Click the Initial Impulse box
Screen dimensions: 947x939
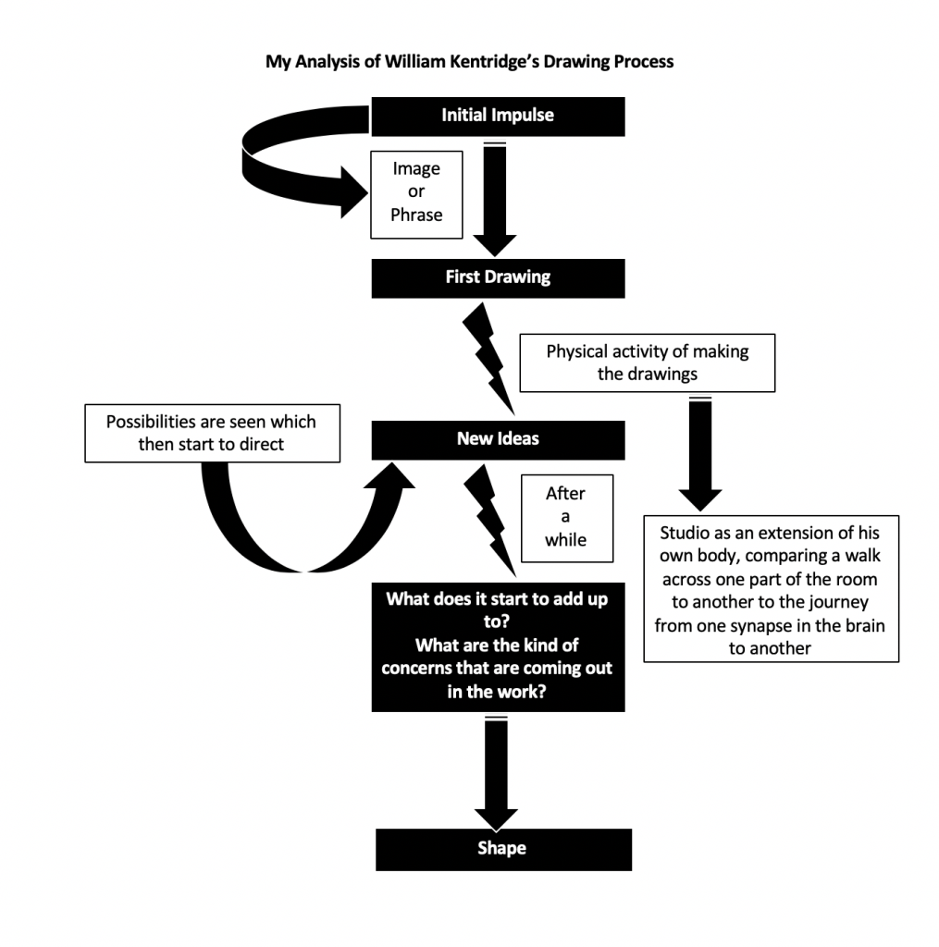point(498,116)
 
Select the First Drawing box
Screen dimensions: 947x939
point(498,277)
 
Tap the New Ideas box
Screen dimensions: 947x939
point(498,438)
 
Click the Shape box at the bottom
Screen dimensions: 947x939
point(502,849)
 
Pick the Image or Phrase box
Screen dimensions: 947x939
point(416,192)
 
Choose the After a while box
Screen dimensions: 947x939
point(566,516)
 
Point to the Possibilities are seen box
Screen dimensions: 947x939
point(211,433)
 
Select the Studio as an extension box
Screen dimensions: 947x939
point(770,590)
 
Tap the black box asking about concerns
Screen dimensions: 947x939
point(498,645)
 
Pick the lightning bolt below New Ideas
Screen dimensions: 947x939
point(488,518)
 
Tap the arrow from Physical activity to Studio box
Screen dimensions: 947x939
point(700,453)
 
